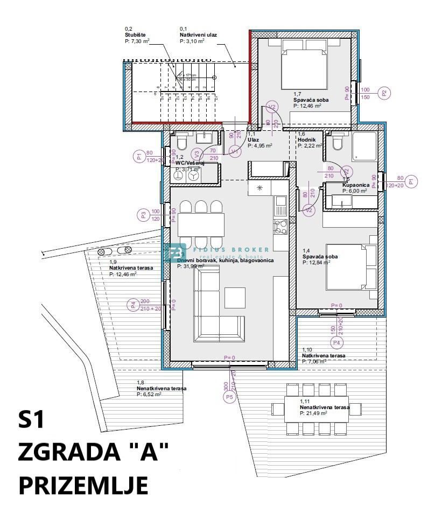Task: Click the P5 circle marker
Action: [x=230, y=397]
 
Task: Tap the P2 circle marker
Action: [x=384, y=93]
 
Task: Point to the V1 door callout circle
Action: [x=235, y=152]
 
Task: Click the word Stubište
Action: [x=135, y=34]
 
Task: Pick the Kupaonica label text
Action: [x=355, y=185]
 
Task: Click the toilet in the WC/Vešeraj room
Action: [x=181, y=142]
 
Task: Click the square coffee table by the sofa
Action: [x=235, y=297]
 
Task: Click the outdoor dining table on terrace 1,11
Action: [x=317, y=409]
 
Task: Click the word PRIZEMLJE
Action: [x=83, y=484]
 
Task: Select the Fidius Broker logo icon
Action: [x=174, y=252]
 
